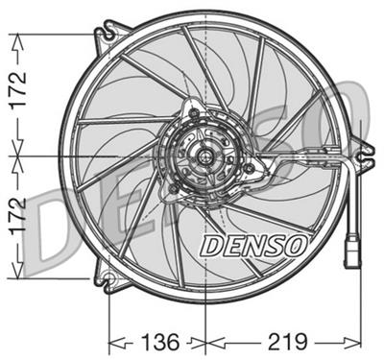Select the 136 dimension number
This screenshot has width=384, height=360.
[158, 340]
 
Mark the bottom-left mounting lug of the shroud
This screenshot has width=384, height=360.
[108, 280]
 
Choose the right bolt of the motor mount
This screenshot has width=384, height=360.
[248, 169]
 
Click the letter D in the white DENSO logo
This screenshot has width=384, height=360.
[208, 247]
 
